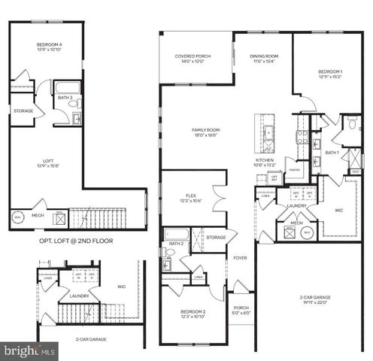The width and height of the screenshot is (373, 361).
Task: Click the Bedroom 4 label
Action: [x=48, y=46]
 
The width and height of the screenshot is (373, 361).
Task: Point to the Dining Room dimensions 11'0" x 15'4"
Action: [x=264, y=62]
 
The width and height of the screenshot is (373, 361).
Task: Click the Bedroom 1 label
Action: [x=332, y=71]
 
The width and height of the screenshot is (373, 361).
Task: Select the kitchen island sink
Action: [x=265, y=123]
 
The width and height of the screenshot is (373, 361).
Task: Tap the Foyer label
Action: [x=240, y=257]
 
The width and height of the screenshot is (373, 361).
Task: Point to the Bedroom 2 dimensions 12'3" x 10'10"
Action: [x=193, y=319]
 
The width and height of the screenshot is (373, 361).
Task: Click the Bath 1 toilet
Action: [x=352, y=128]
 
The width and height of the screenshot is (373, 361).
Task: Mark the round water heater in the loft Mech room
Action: [x=18, y=217]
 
